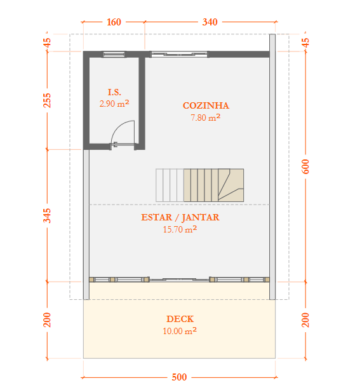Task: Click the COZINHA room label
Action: tap(206, 105)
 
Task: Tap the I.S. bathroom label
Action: tap(114, 92)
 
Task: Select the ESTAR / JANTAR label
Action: tap(180, 217)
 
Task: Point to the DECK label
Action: tap(180, 319)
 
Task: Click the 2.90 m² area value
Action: tap(114, 104)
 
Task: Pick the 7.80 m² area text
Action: tap(206, 118)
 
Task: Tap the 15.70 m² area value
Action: tap(180, 229)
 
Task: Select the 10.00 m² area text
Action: tap(180, 331)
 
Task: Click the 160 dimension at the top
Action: tap(114, 22)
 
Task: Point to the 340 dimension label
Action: tap(210, 22)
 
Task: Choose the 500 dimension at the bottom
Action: tap(179, 377)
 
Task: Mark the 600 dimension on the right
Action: tap(305, 166)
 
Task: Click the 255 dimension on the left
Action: tap(47, 100)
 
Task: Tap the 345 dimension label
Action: tap(47, 216)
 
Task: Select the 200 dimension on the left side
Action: tap(47, 320)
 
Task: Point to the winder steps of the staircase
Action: tap(231, 185)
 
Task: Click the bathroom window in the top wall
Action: tap(114, 54)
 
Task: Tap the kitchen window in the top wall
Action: tap(179, 54)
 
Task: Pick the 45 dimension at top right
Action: tap(306, 43)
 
